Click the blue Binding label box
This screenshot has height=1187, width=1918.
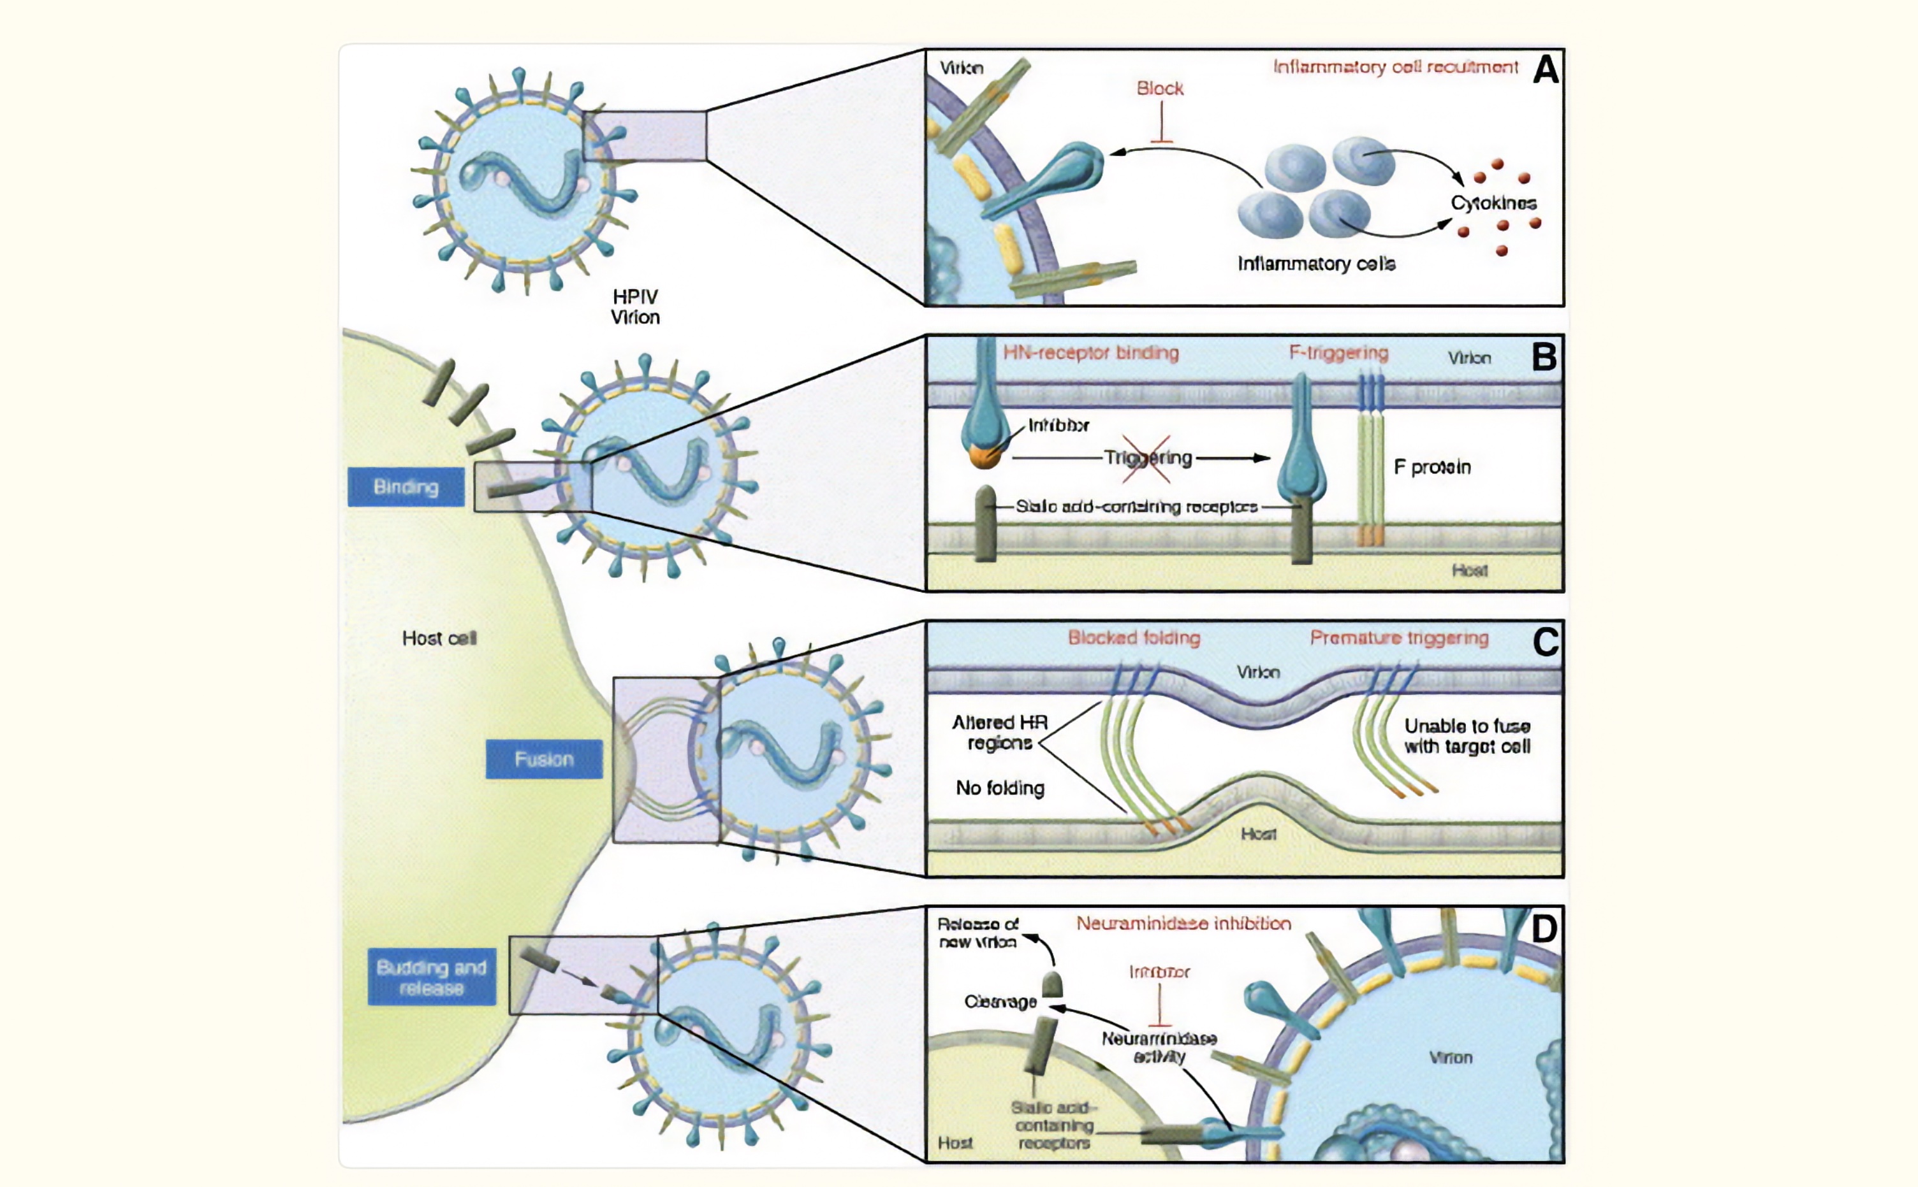click(x=406, y=487)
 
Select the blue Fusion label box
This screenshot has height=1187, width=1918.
click(x=543, y=759)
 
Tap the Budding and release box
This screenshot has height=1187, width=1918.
click(x=431, y=977)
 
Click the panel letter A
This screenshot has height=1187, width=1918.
click(x=1545, y=70)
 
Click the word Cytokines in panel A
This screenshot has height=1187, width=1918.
click(x=1493, y=203)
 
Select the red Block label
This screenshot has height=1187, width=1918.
click(x=1159, y=89)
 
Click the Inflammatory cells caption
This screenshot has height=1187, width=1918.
click(x=1316, y=264)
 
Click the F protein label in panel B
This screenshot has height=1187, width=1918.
click(x=1432, y=467)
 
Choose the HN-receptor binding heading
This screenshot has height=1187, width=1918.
click(x=1091, y=353)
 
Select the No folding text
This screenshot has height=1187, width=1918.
click(x=1000, y=788)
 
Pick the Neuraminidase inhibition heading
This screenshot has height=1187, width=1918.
click(x=1183, y=924)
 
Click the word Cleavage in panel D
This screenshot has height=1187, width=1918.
click(x=1000, y=1002)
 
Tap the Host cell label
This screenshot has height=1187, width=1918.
click(x=439, y=638)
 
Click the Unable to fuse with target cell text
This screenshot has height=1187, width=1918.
click(x=1467, y=737)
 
